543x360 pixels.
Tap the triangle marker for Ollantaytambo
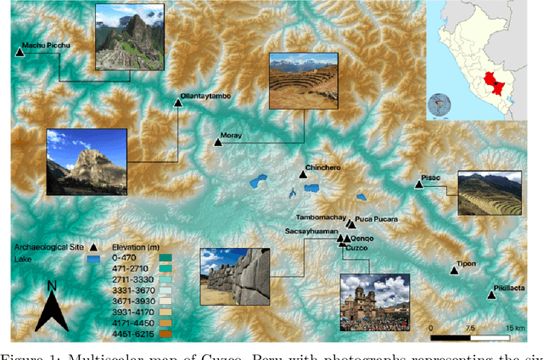[178, 103]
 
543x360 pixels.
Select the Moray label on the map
[231, 135]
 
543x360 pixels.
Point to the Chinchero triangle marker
[303, 175]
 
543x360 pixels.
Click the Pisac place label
[430, 178]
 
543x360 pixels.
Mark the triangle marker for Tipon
[452, 272]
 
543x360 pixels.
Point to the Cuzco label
[356, 248]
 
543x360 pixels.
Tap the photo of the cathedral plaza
[373, 301]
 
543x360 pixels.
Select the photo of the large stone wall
[234, 275]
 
